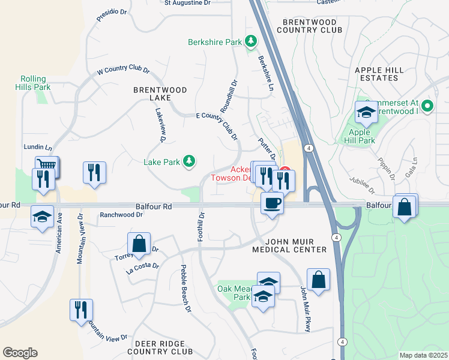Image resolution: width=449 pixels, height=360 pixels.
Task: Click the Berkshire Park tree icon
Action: (x=250, y=42)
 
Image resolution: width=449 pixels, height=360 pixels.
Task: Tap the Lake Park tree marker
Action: (x=189, y=161)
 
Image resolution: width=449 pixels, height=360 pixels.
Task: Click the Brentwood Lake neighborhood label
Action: (x=160, y=94)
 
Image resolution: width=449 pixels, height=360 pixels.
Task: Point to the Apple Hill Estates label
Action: (x=385, y=74)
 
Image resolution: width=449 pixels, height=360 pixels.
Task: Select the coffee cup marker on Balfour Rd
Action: (x=273, y=204)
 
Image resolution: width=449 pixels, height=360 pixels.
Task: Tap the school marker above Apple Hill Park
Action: (x=366, y=112)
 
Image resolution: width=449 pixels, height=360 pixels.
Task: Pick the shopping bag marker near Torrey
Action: (x=139, y=244)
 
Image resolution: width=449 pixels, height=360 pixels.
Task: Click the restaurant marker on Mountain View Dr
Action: (x=81, y=310)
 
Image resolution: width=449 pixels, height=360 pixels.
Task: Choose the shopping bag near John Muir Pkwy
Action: (x=318, y=280)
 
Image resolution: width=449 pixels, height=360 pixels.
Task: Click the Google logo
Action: (x=20, y=353)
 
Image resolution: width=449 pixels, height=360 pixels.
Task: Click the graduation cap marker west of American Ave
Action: (x=42, y=217)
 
